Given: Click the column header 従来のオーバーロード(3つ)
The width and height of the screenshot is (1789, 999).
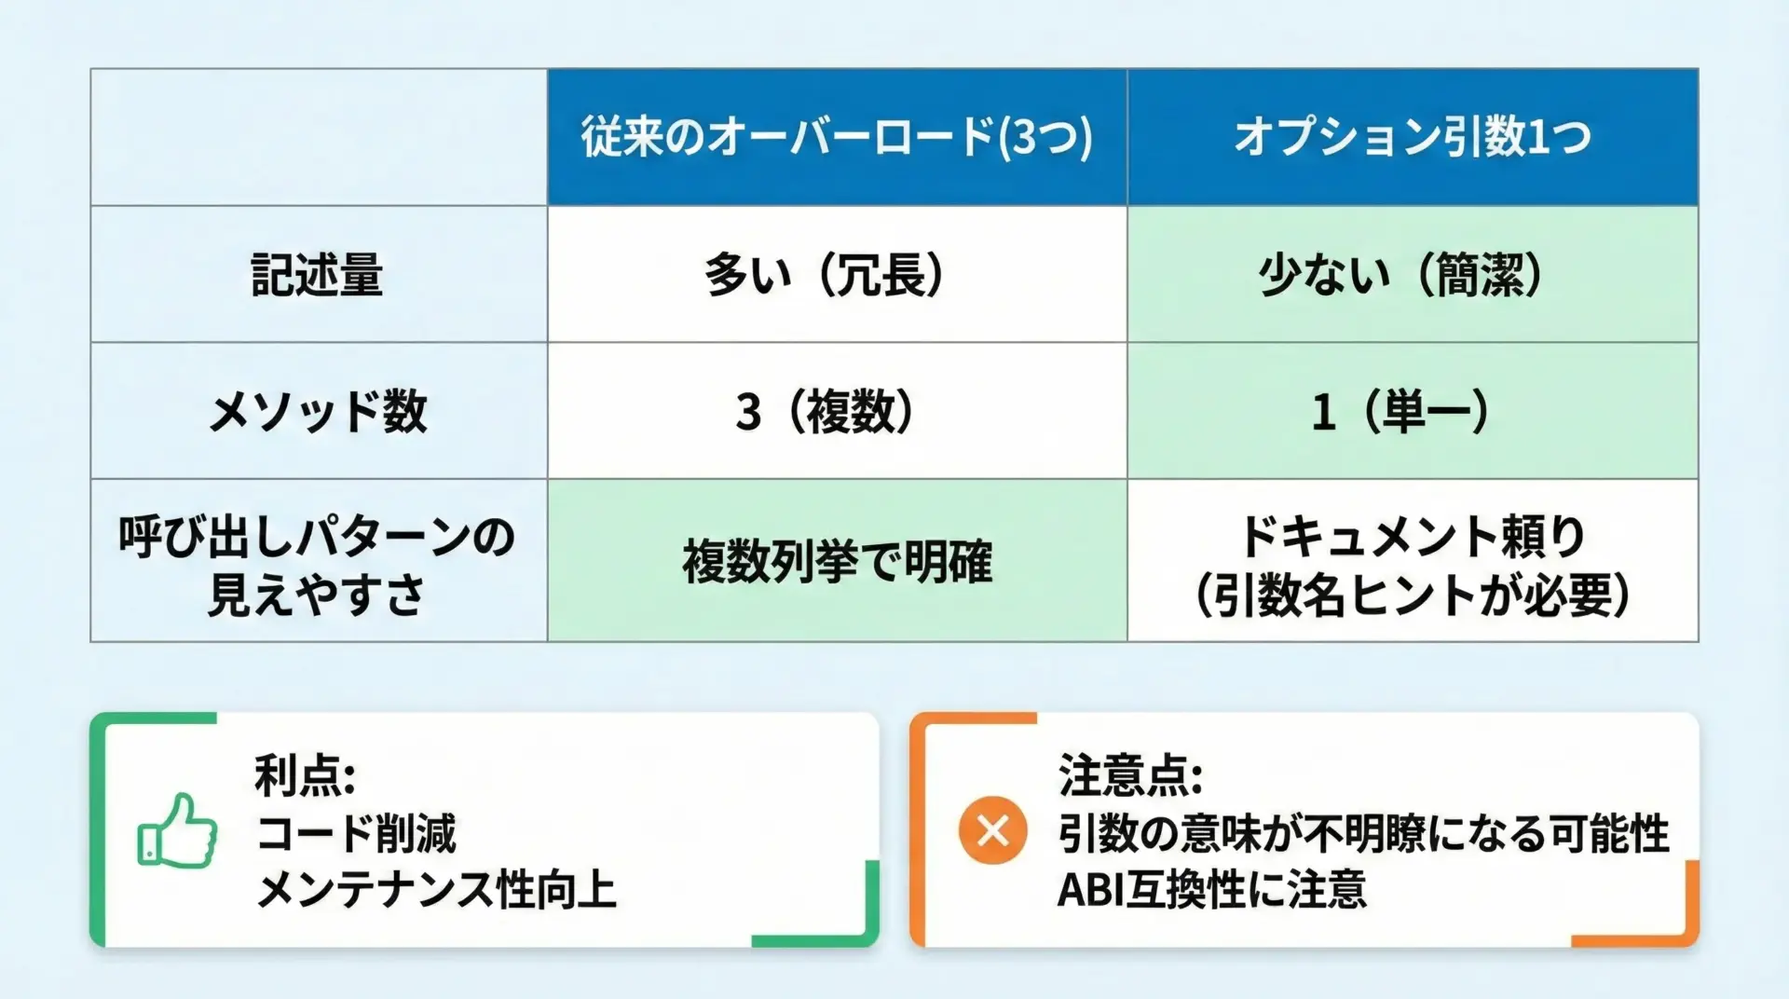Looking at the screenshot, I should pyautogui.click(x=837, y=137).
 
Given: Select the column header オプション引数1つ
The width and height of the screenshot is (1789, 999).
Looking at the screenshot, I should pyautogui.click(x=1413, y=137).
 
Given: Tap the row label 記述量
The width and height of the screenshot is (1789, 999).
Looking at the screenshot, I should pyautogui.click(x=318, y=275).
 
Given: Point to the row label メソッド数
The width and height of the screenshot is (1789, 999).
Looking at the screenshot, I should pyautogui.click(x=318, y=411).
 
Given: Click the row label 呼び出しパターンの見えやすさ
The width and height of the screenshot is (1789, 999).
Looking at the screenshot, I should pyautogui.click(x=318, y=565).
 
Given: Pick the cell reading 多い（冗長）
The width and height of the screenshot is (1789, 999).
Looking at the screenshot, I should pyautogui.click(x=826, y=275).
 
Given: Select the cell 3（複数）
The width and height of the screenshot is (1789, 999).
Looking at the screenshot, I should pyautogui.click(x=826, y=411).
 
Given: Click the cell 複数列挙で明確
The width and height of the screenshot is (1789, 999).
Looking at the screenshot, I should pyautogui.click(x=837, y=561).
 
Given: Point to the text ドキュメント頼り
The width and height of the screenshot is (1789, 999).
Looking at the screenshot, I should pyautogui.click(x=1413, y=536).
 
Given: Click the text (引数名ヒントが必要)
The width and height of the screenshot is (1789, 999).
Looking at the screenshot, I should pyautogui.click(x=1413, y=595).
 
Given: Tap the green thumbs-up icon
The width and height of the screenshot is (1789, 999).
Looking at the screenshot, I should pyautogui.click(x=177, y=830).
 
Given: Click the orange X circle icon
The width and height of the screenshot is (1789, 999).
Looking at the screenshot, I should pyautogui.click(x=993, y=830).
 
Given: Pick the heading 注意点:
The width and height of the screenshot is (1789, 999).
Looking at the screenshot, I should pyautogui.click(x=1130, y=775).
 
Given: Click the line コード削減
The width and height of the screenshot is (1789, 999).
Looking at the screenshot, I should pyautogui.click(x=357, y=833).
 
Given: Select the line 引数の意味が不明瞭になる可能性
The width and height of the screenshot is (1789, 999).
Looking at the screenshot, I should pyautogui.click(x=1363, y=833).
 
